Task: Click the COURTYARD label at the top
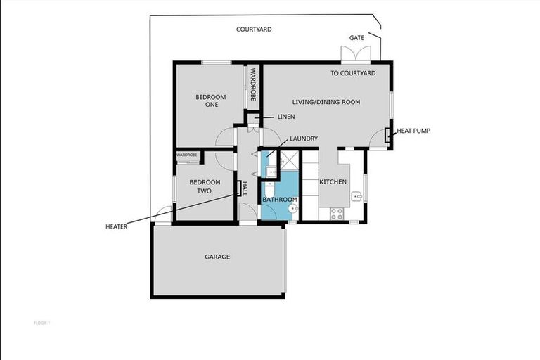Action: tap(254, 30)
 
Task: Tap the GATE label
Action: tap(356, 37)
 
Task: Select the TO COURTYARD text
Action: tap(353, 73)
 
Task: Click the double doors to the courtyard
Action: tap(354, 55)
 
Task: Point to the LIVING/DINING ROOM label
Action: tap(326, 102)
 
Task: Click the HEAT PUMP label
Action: tap(413, 131)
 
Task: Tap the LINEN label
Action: tap(286, 116)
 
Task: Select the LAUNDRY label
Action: tap(304, 139)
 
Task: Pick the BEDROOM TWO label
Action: tap(205, 186)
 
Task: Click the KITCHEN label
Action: tap(333, 182)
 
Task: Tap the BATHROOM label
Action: tap(280, 200)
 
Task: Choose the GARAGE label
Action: tap(217, 257)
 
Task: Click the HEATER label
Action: tap(116, 226)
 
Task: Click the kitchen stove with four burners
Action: tap(336, 214)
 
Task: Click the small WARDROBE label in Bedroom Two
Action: tap(186, 155)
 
